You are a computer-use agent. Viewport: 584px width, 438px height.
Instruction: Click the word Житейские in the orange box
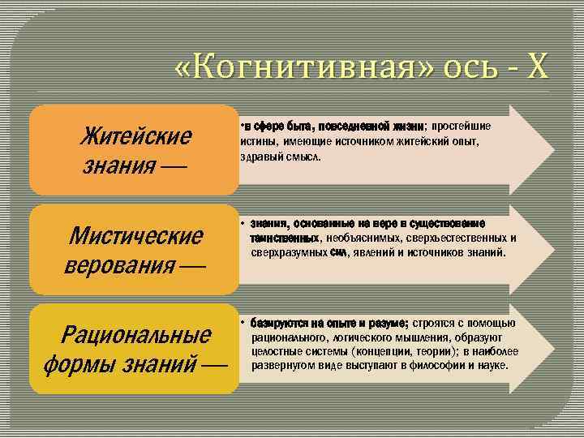point(135,135)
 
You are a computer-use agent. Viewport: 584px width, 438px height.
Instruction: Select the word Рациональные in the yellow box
point(137,333)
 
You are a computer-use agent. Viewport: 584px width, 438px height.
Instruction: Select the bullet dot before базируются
point(243,322)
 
